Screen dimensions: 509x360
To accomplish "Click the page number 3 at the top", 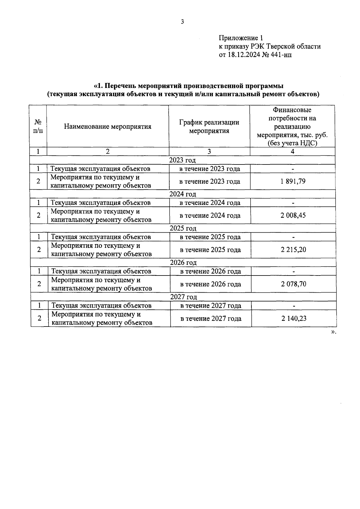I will [x=182, y=22].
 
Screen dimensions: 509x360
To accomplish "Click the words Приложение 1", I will [x=241, y=38].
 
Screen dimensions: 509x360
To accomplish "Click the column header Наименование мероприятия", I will [x=107, y=127].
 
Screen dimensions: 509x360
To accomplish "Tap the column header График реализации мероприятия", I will [x=209, y=127].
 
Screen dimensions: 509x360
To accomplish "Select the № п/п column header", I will [x=38, y=127].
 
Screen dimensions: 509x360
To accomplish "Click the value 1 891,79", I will [x=293, y=181].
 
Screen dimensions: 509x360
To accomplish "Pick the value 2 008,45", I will [x=293, y=215].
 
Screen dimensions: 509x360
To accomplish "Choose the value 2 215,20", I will [x=293, y=250].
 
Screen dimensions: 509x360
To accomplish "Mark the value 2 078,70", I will [x=293, y=284].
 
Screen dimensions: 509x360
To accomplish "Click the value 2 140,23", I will [x=294, y=318].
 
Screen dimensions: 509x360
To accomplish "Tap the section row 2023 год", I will [x=182, y=160].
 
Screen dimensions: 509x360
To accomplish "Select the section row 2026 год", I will [x=183, y=263].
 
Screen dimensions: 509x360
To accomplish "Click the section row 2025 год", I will [x=183, y=228].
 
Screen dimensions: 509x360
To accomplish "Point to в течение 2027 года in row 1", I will [x=211, y=306].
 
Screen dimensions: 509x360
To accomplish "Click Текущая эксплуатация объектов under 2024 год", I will [x=100, y=203].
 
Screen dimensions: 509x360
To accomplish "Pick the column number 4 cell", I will [x=292, y=152].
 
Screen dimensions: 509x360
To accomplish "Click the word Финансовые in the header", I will [x=292, y=110].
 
